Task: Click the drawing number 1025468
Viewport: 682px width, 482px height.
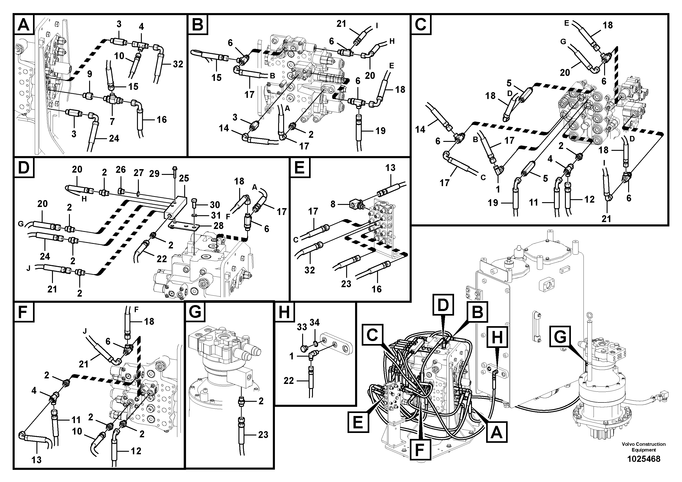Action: (643, 459)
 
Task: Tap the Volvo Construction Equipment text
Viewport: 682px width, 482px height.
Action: (643, 447)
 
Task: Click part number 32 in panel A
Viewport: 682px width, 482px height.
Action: (178, 64)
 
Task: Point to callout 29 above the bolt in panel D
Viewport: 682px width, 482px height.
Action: (154, 174)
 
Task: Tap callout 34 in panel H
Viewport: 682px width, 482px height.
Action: (315, 322)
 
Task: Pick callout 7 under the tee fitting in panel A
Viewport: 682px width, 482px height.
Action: (112, 121)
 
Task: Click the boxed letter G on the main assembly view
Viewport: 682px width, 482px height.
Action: (560, 337)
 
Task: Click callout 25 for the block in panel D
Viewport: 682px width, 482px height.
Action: (184, 178)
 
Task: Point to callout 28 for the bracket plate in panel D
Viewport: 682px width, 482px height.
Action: (219, 226)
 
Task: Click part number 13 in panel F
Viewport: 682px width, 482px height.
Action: (36, 460)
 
